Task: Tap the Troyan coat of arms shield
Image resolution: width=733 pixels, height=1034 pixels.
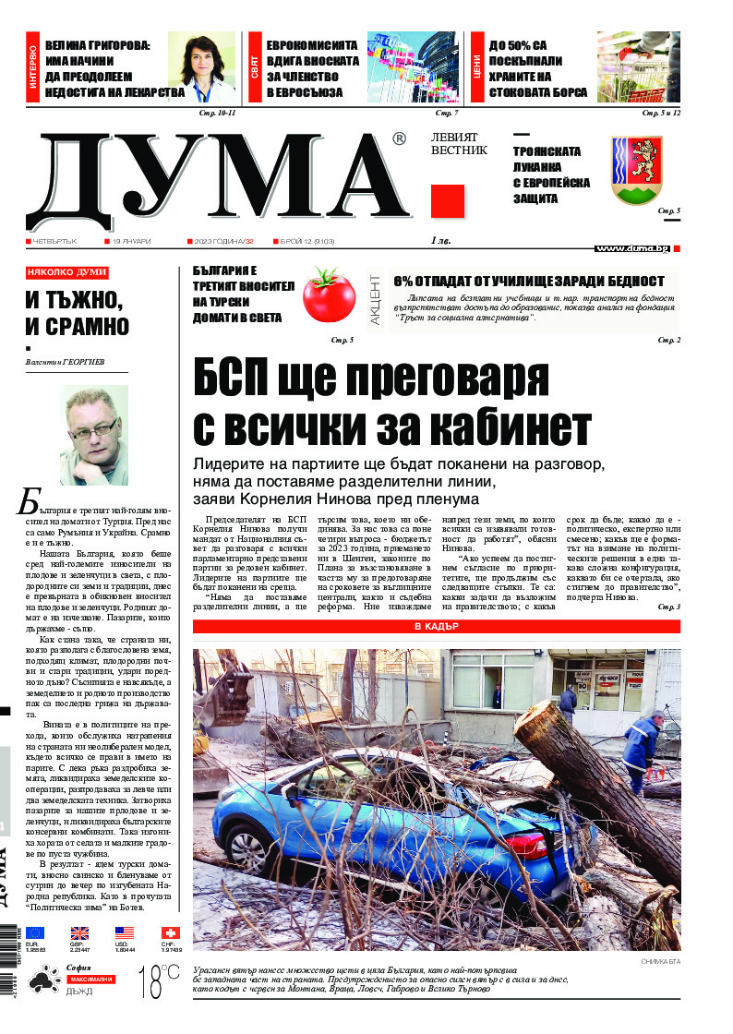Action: pyautogui.click(x=637, y=169)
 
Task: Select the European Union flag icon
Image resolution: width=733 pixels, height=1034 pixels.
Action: pyautogui.click(x=35, y=933)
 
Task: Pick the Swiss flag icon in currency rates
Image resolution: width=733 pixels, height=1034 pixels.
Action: pyautogui.click(x=171, y=933)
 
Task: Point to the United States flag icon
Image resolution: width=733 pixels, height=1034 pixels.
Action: pyautogui.click(x=125, y=933)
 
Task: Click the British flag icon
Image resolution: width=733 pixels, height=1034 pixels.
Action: pyautogui.click(x=79, y=933)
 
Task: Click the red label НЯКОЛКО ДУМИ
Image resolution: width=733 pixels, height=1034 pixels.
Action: pyautogui.click(x=67, y=273)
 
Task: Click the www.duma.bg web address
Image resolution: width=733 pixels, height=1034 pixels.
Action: pyautogui.click(x=631, y=248)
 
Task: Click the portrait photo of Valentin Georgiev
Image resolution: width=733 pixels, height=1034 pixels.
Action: pyautogui.click(x=93, y=435)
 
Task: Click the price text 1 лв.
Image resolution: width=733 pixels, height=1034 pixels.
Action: pyautogui.click(x=442, y=241)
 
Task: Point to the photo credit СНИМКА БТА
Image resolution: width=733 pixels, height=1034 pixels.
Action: pyautogui.click(x=659, y=962)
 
